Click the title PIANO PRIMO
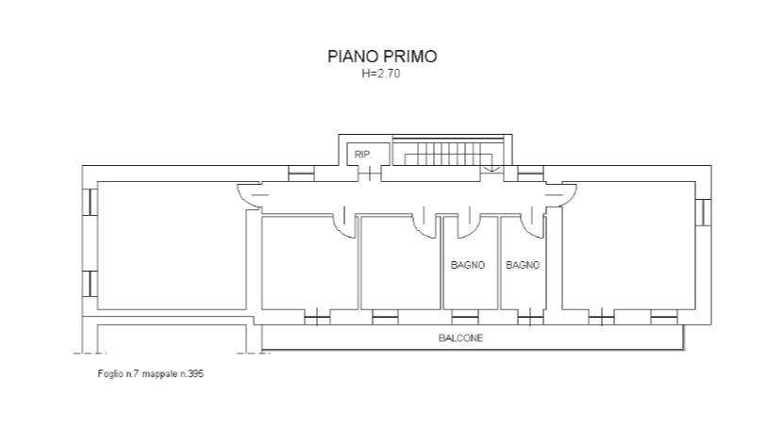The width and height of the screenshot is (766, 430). click(382, 57)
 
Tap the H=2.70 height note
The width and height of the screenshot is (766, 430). click(381, 74)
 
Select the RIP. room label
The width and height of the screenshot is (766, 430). click(363, 155)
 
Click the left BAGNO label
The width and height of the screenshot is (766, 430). click(468, 265)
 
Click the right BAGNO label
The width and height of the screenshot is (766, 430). click(523, 265)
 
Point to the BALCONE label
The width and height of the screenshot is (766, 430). click(460, 338)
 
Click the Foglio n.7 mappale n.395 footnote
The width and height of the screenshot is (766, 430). click(151, 373)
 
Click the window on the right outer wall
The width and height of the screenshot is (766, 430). click(704, 212)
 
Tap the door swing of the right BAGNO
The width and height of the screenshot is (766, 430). click(536, 228)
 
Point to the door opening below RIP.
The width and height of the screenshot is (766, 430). click(370, 174)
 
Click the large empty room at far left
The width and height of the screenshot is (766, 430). click(172, 245)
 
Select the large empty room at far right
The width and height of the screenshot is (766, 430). click(628, 245)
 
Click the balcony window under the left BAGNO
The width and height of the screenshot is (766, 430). click(464, 317)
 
